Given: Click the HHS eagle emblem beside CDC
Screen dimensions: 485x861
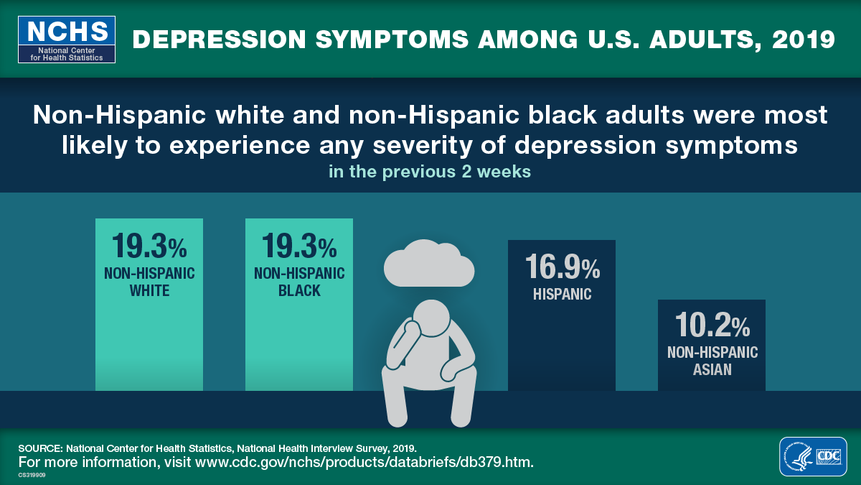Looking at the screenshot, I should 798,456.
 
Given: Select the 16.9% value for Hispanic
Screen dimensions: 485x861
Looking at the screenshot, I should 562,267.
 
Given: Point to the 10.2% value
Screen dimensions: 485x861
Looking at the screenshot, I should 712,326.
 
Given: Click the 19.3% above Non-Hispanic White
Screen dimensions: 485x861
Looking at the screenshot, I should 149,246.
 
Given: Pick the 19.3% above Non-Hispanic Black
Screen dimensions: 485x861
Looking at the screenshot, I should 299,246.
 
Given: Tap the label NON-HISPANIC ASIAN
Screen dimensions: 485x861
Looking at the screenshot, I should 712,361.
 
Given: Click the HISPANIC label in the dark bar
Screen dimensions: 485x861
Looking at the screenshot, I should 562,294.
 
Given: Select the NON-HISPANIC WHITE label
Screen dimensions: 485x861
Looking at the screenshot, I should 149,282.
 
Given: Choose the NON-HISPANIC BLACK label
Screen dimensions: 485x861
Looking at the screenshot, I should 299,282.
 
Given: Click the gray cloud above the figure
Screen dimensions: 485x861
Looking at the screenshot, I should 428,264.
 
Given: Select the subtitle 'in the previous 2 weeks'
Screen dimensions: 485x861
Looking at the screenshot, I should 430,172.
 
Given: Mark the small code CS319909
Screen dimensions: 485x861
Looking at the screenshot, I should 32,474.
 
